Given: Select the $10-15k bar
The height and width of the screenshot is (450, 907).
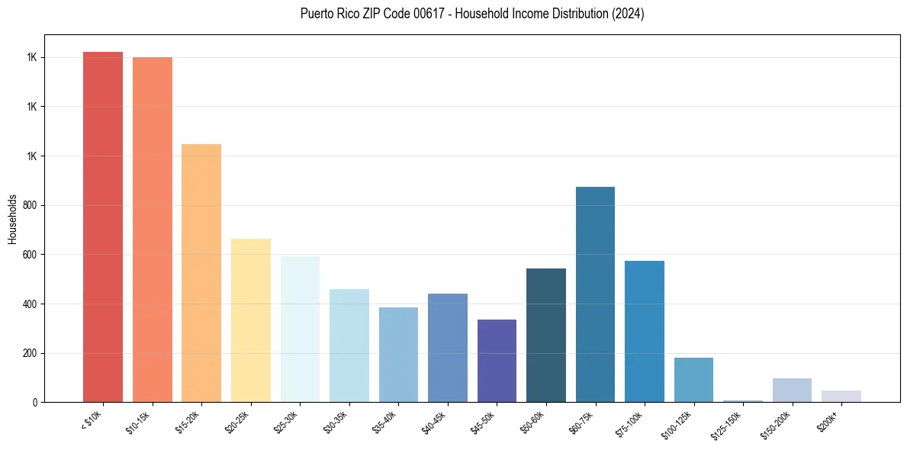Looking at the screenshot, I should [x=152, y=230].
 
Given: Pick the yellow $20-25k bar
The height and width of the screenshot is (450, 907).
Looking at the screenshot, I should [x=250, y=320].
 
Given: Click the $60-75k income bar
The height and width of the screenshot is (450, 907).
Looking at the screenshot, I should [x=595, y=294].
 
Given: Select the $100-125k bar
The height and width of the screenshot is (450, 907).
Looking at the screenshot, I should [x=693, y=380].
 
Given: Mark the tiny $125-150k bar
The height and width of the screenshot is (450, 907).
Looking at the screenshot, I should [x=742, y=400].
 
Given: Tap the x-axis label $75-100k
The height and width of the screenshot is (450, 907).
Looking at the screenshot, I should [x=632, y=422].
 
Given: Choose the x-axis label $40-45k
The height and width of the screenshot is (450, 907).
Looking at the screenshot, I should [x=435, y=422].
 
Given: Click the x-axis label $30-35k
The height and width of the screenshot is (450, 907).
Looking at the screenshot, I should [x=336, y=422].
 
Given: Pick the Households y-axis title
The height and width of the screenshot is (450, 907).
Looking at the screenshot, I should [x=13, y=218].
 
